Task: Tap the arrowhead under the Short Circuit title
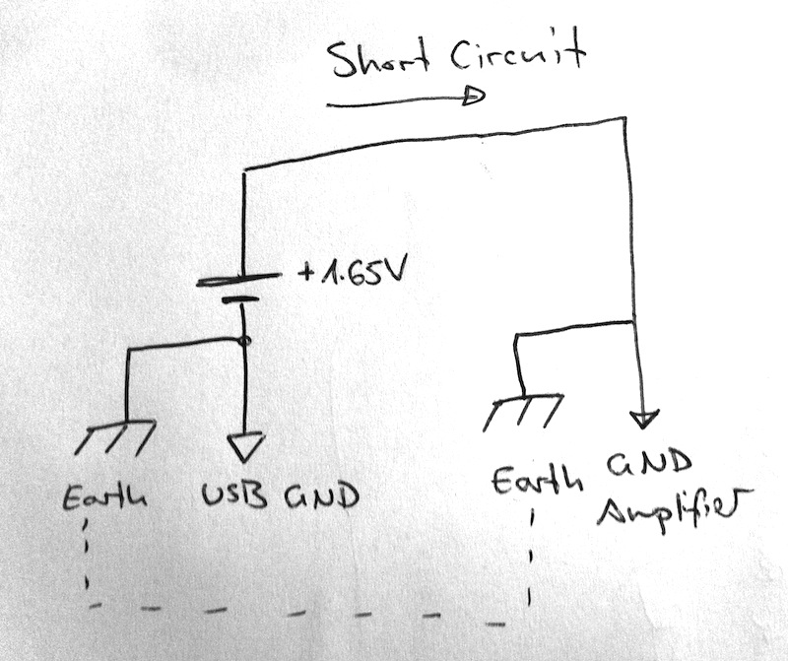tap(475, 97)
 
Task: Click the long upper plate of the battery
tap(239, 281)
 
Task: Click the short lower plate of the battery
tap(239, 300)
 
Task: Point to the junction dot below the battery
tap(243, 341)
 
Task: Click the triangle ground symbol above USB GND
tap(245, 448)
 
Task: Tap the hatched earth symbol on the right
tap(523, 411)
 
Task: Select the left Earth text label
tap(104, 497)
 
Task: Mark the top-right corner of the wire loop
tap(624, 119)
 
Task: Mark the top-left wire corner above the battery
tap(243, 171)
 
